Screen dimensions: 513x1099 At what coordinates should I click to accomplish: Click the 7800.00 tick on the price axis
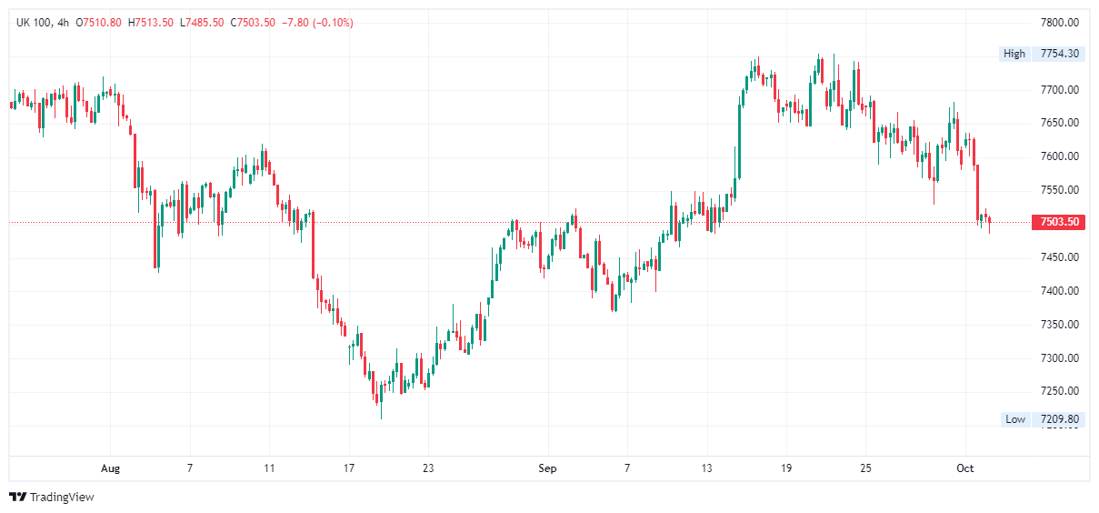tap(1059, 23)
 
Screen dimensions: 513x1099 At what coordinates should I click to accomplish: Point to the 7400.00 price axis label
tap(1059, 291)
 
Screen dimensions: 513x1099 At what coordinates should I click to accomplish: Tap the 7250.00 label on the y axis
tap(1059, 391)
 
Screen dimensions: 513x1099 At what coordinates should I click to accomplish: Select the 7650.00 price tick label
tap(1059, 123)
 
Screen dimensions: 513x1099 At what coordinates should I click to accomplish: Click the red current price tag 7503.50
tap(1059, 222)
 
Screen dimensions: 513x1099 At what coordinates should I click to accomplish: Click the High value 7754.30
tap(1059, 54)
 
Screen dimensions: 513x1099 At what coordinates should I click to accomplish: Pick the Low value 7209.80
tap(1059, 419)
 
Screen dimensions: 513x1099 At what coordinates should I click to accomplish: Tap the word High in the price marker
tap(1014, 54)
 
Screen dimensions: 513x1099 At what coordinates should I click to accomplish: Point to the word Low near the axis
tap(1015, 419)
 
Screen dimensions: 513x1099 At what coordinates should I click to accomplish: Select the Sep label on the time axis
tap(547, 468)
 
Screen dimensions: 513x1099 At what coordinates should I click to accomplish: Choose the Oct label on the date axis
tap(965, 468)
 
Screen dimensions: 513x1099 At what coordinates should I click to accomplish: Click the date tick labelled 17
tap(348, 468)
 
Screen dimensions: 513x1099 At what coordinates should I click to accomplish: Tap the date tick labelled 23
tap(428, 468)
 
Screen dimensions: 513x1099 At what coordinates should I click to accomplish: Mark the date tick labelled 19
tap(786, 468)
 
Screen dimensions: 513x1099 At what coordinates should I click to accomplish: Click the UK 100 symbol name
tap(33, 22)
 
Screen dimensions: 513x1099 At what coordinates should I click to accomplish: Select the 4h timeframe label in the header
tap(63, 22)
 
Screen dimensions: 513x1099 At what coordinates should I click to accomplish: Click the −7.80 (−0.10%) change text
tap(318, 22)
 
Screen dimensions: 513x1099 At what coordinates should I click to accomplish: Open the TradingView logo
tap(53, 497)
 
